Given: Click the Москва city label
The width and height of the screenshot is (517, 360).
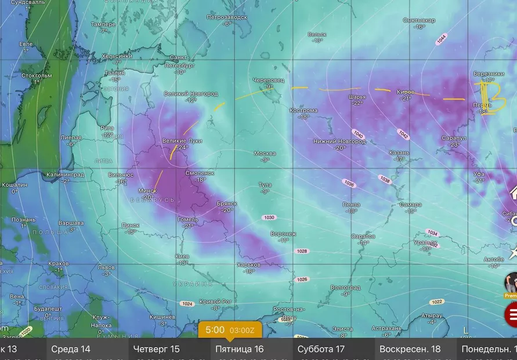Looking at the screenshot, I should coord(265,153).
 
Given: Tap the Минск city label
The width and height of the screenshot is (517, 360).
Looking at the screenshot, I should coord(147,191).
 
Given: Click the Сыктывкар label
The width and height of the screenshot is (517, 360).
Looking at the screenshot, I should coord(419,20).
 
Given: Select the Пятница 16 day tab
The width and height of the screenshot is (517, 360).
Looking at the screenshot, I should coord(239,349).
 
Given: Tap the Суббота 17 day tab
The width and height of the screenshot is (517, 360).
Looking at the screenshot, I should coord(321,349).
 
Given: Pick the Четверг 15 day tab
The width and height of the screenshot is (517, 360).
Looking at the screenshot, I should coord(156,349).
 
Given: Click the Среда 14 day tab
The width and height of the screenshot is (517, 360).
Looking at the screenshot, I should coord(71,349).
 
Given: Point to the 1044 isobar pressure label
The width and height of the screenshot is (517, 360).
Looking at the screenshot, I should coord(442,39).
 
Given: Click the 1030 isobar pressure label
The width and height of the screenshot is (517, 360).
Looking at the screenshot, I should coord(269,217).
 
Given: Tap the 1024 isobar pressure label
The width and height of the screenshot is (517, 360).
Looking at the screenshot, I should coord(187,304).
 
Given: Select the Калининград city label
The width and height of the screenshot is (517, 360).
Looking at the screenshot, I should coord(66,174).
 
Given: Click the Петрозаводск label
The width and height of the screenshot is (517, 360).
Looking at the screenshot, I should coord(226,17).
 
